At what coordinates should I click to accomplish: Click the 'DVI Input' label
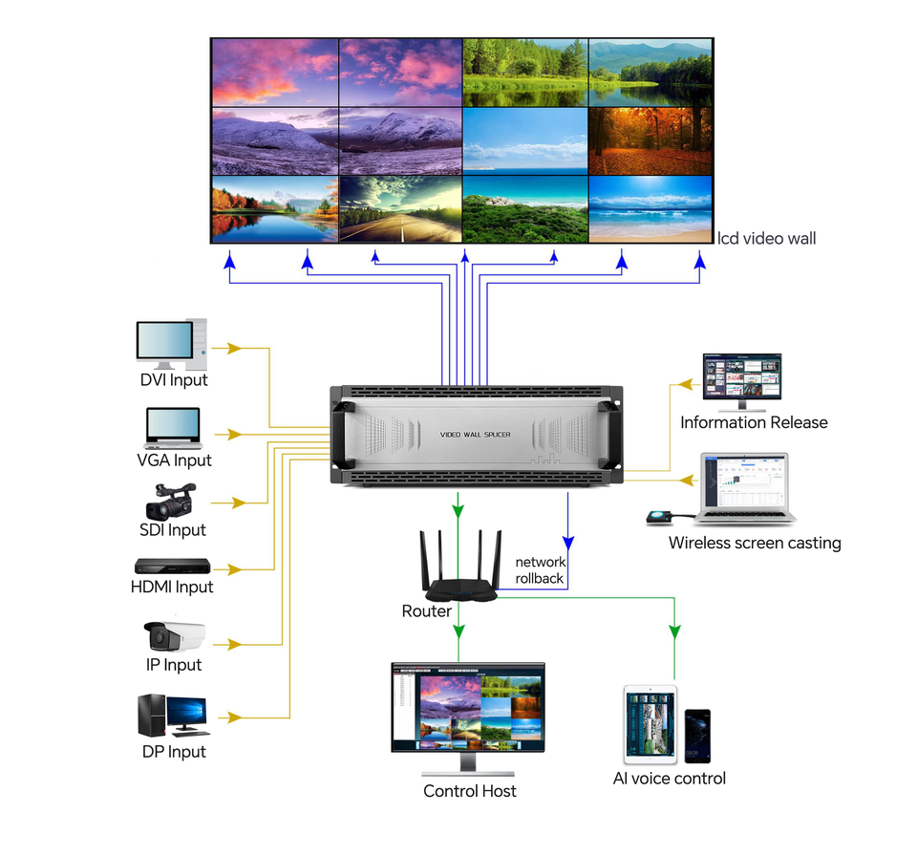(x=174, y=380)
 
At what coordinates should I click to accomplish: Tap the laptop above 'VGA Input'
(x=173, y=427)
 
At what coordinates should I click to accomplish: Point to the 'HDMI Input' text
(x=172, y=587)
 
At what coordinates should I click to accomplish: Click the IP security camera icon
(x=174, y=634)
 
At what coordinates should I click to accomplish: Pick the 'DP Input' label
(x=174, y=752)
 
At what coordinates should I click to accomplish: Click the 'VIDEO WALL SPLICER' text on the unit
(x=475, y=435)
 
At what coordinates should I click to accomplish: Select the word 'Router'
(x=426, y=611)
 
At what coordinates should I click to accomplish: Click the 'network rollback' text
(x=541, y=570)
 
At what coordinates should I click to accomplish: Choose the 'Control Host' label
(x=470, y=791)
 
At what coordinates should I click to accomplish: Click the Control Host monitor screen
(x=468, y=708)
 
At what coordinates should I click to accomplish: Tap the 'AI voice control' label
(x=669, y=779)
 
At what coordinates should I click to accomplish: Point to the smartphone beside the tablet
(x=697, y=736)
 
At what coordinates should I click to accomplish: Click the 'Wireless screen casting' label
(x=755, y=544)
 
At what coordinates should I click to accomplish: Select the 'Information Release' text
(x=754, y=422)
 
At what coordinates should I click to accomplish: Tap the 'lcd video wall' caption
(x=767, y=238)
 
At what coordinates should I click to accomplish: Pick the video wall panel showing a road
(x=400, y=208)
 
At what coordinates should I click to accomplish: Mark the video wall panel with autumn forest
(x=650, y=140)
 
